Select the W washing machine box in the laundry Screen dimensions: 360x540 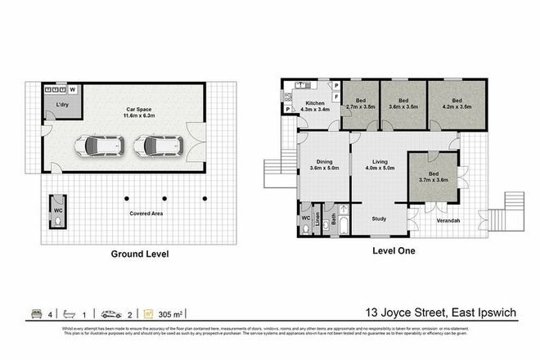(73, 89)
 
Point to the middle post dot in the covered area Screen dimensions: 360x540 (164, 197)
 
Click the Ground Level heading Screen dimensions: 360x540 (140, 254)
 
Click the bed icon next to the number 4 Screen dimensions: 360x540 (35, 313)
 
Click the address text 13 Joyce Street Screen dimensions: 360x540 (404, 313)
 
